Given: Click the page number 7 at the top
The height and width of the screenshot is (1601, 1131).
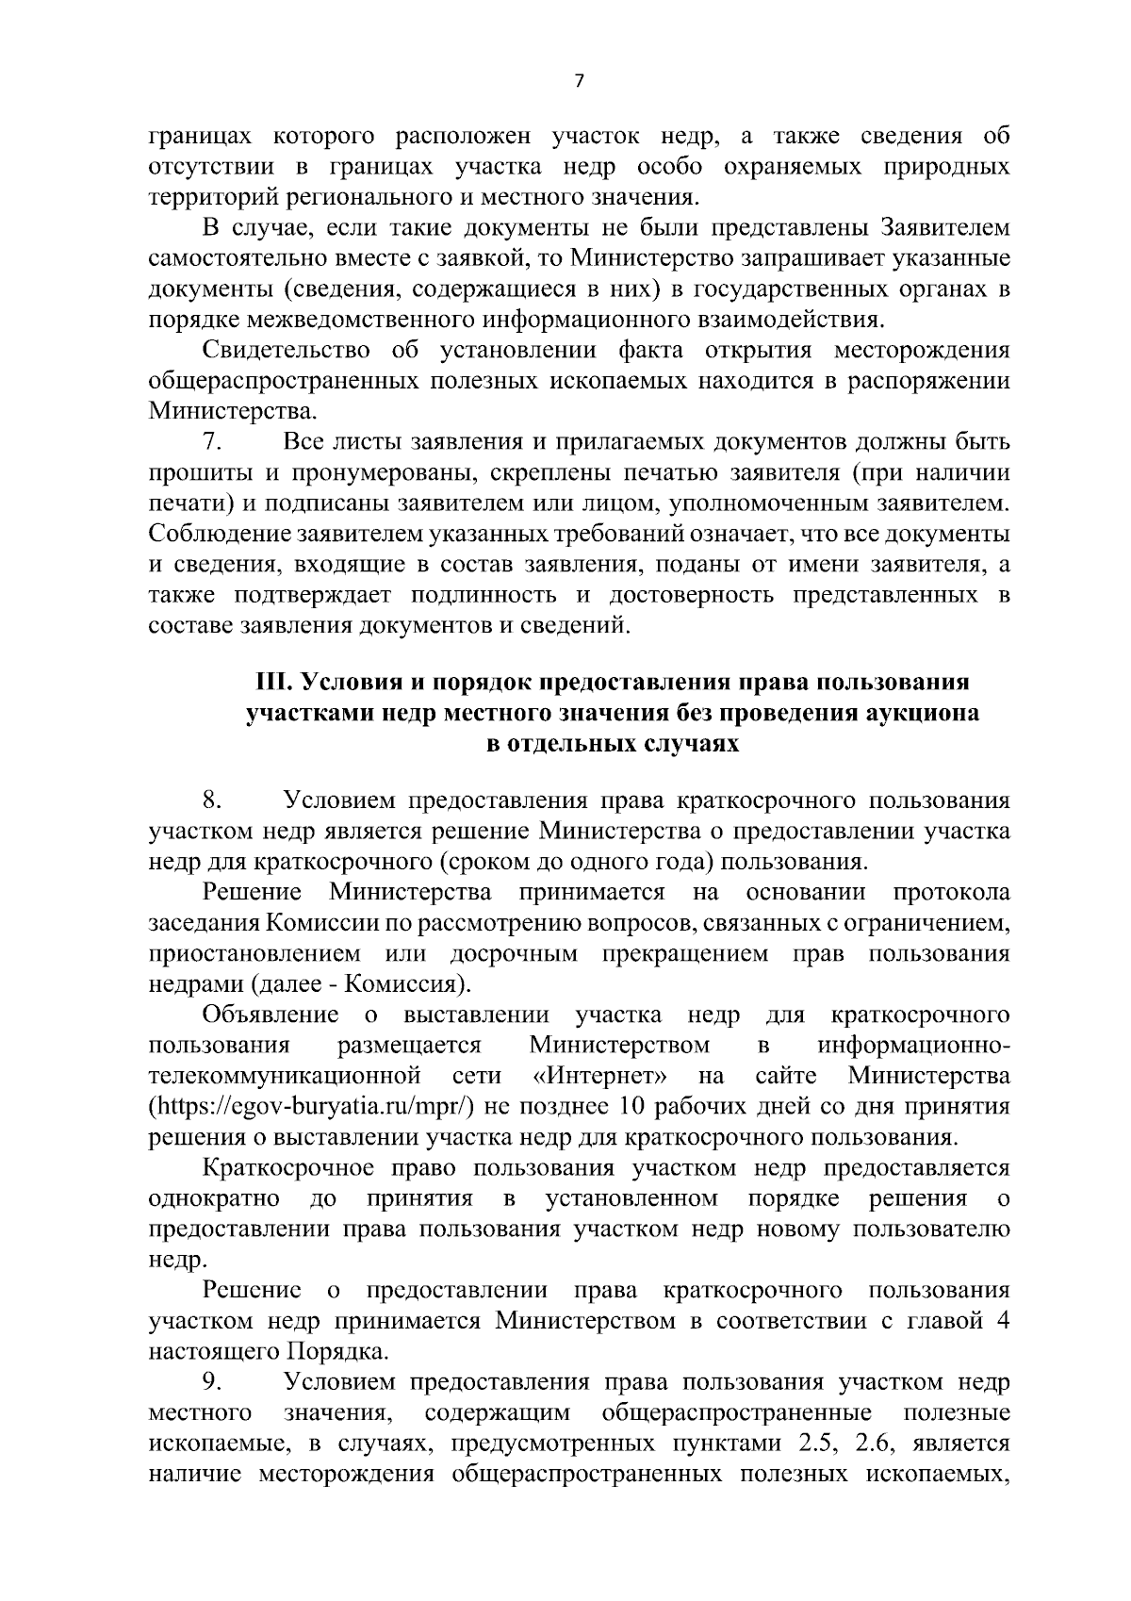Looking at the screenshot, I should pyautogui.click(x=579, y=82).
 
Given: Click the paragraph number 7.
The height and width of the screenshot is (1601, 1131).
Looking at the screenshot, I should pyautogui.click(x=212, y=441).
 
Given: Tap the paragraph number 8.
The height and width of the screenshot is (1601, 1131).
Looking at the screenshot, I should pyautogui.click(x=212, y=800).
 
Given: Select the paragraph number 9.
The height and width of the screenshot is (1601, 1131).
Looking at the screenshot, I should pyautogui.click(x=212, y=1381).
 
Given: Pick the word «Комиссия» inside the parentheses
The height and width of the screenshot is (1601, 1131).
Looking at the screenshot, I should pyautogui.click(x=402, y=984).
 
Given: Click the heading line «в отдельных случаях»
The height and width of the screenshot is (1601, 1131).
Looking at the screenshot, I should pyautogui.click(x=611, y=744).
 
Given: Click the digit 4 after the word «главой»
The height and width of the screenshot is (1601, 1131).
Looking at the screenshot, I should pyautogui.click(x=1004, y=1320).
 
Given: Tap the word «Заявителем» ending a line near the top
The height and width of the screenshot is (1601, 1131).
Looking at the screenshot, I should pyautogui.click(x=944, y=228).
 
